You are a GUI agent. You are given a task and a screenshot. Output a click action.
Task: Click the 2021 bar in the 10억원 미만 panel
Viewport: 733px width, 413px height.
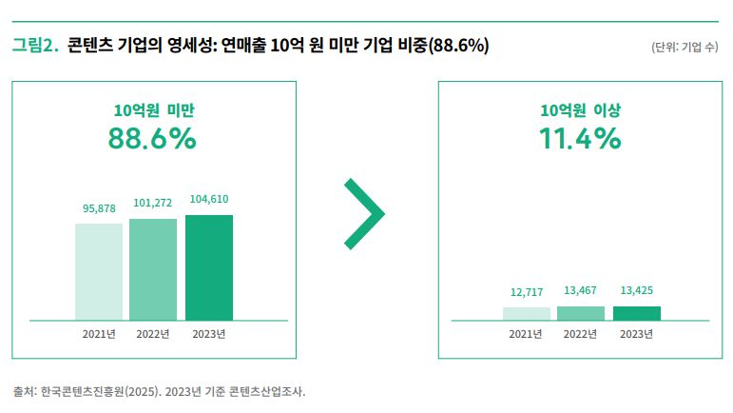pyautogui.click(x=99, y=271)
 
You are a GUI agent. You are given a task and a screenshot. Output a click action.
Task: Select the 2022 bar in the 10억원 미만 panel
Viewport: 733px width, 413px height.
pyautogui.click(x=153, y=269)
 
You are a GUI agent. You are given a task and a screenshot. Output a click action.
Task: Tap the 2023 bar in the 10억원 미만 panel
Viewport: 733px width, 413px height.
pyautogui.click(x=209, y=267)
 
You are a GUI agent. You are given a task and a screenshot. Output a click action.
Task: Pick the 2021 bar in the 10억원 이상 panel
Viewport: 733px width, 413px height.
pyautogui.click(x=527, y=313)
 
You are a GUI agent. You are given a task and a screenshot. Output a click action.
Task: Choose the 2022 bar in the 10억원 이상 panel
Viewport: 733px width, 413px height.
pyautogui.click(x=581, y=313)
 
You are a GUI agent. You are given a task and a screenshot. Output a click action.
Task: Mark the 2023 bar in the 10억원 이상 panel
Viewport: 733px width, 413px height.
pyautogui.click(x=636, y=313)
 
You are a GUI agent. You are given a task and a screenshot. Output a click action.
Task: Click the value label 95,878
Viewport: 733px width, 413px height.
pyautogui.click(x=99, y=208)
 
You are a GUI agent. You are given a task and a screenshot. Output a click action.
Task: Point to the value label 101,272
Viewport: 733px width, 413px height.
pyautogui.click(x=153, y=203)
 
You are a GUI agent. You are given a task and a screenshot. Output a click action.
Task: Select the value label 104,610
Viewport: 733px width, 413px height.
pyautogui.click(x=209, y=199)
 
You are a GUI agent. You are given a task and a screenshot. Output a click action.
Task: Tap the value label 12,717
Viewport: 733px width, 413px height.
pyautogui.click(x=527, y=291)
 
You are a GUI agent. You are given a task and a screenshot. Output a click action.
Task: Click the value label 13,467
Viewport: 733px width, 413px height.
pyautogui.click(x=581, y=290)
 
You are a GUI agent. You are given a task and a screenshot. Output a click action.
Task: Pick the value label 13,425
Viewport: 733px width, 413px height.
pyautogui.click(x=636, y=290)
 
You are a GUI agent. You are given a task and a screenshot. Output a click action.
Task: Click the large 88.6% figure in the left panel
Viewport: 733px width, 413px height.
pyautogui.click(x=153, y=139)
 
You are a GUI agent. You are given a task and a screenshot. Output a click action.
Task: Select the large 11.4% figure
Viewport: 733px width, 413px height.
pyautogui.click(x=580, y=139)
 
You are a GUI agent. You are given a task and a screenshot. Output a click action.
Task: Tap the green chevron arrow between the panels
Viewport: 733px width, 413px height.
pyautogui.click(x=364, y=214)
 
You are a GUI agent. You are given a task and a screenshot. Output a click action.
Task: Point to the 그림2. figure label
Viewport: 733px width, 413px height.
pyautogui.click(x=35, y=45)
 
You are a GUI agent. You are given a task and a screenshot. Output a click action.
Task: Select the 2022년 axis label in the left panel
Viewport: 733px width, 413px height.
pyautogui.click(x=153, y=334)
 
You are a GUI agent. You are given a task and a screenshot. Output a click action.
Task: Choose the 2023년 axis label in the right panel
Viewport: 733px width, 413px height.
pyautogui.click(x=636, y=334)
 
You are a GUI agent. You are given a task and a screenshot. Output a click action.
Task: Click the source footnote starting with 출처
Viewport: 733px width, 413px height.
pyautogui.click(x=159, y=391)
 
